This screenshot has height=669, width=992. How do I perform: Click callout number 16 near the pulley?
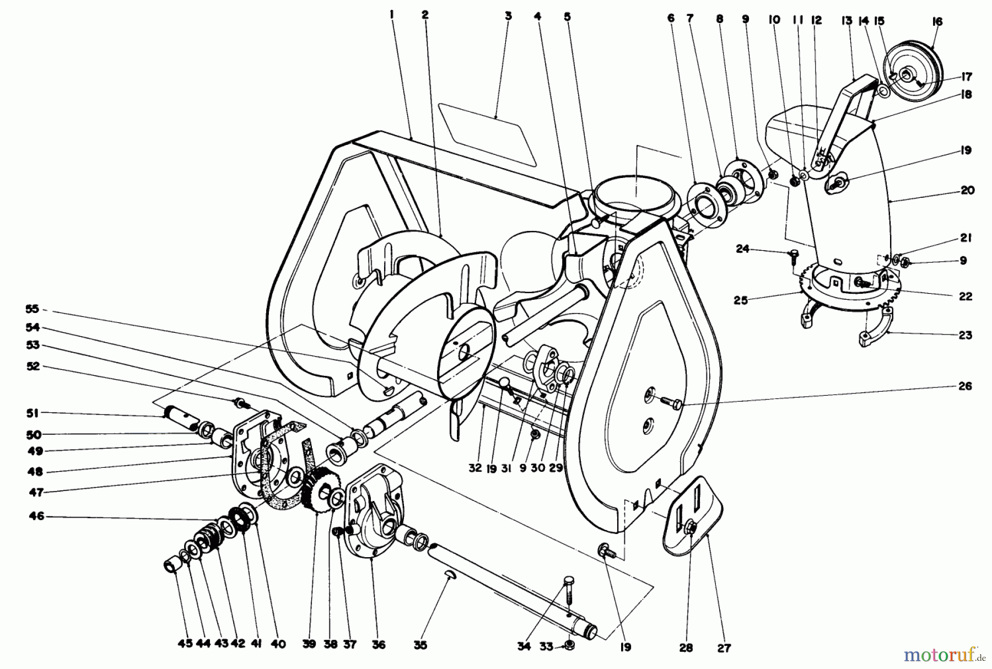937,21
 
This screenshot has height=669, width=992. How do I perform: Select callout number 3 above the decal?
508,16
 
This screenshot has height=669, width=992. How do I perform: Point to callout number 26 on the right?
965,386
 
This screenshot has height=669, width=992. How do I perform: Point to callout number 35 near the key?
420,645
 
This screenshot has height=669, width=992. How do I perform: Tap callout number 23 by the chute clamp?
965,335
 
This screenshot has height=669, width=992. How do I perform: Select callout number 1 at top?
391,16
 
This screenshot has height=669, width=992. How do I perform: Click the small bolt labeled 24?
794,255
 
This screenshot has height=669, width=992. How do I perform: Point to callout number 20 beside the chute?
967,190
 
